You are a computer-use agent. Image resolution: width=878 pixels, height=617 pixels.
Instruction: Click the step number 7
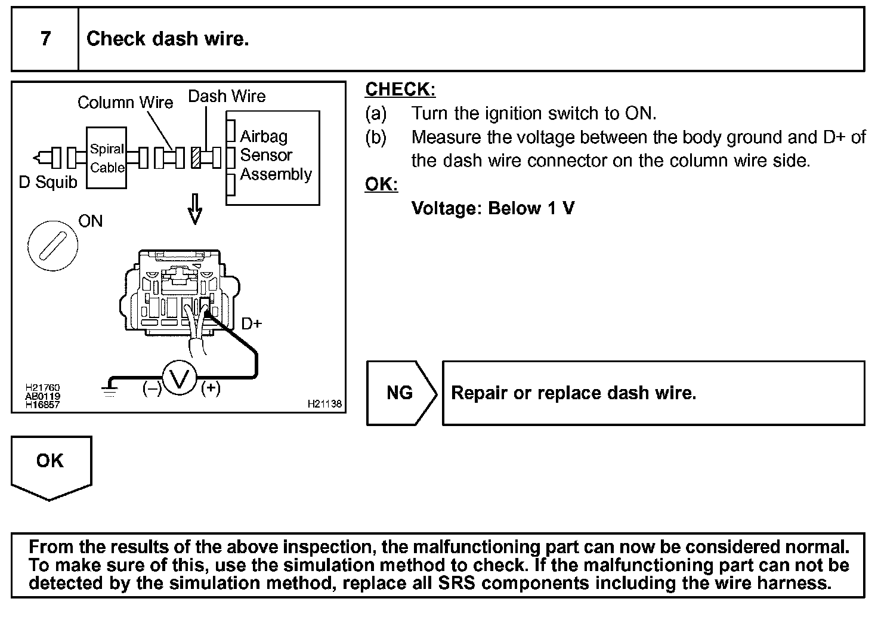click(x=45, y=39)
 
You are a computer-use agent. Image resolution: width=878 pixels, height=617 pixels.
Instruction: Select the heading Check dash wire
click(x=168, y=39)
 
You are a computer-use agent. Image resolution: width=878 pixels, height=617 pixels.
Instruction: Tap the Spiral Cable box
click(x=107, y=158)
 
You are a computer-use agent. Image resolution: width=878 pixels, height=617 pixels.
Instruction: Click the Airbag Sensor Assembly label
click(x=275, y=155)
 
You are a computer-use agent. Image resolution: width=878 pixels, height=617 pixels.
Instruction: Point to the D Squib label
click(x=48, y=182)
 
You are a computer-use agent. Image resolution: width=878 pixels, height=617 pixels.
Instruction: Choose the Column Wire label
click(x=125, y=103)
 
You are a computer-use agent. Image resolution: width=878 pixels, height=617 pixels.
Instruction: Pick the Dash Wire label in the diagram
click(x=227, y=96)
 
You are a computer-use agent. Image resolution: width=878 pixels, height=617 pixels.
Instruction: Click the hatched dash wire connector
click(x=196, y=158)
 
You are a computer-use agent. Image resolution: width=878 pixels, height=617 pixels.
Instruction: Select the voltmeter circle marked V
click(x=180, y=378)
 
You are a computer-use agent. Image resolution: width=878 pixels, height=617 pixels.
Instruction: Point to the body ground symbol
click(x=109, y=388)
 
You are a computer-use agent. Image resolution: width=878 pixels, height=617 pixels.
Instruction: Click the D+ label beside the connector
click(x=252, y=324)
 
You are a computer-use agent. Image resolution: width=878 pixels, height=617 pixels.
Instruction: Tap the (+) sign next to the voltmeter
click(x=211, y=388)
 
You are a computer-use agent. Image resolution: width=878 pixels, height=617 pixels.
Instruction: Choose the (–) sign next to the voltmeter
click(x=152, y=388)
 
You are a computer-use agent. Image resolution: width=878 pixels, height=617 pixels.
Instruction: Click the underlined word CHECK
click(x=400, y=90)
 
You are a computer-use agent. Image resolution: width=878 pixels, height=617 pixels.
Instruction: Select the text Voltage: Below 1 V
click(x=493, y=208)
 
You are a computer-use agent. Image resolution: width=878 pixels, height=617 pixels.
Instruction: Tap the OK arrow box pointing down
click(x=51, y=465)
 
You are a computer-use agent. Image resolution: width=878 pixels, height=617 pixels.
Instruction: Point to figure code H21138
click(x=324, y=404)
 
